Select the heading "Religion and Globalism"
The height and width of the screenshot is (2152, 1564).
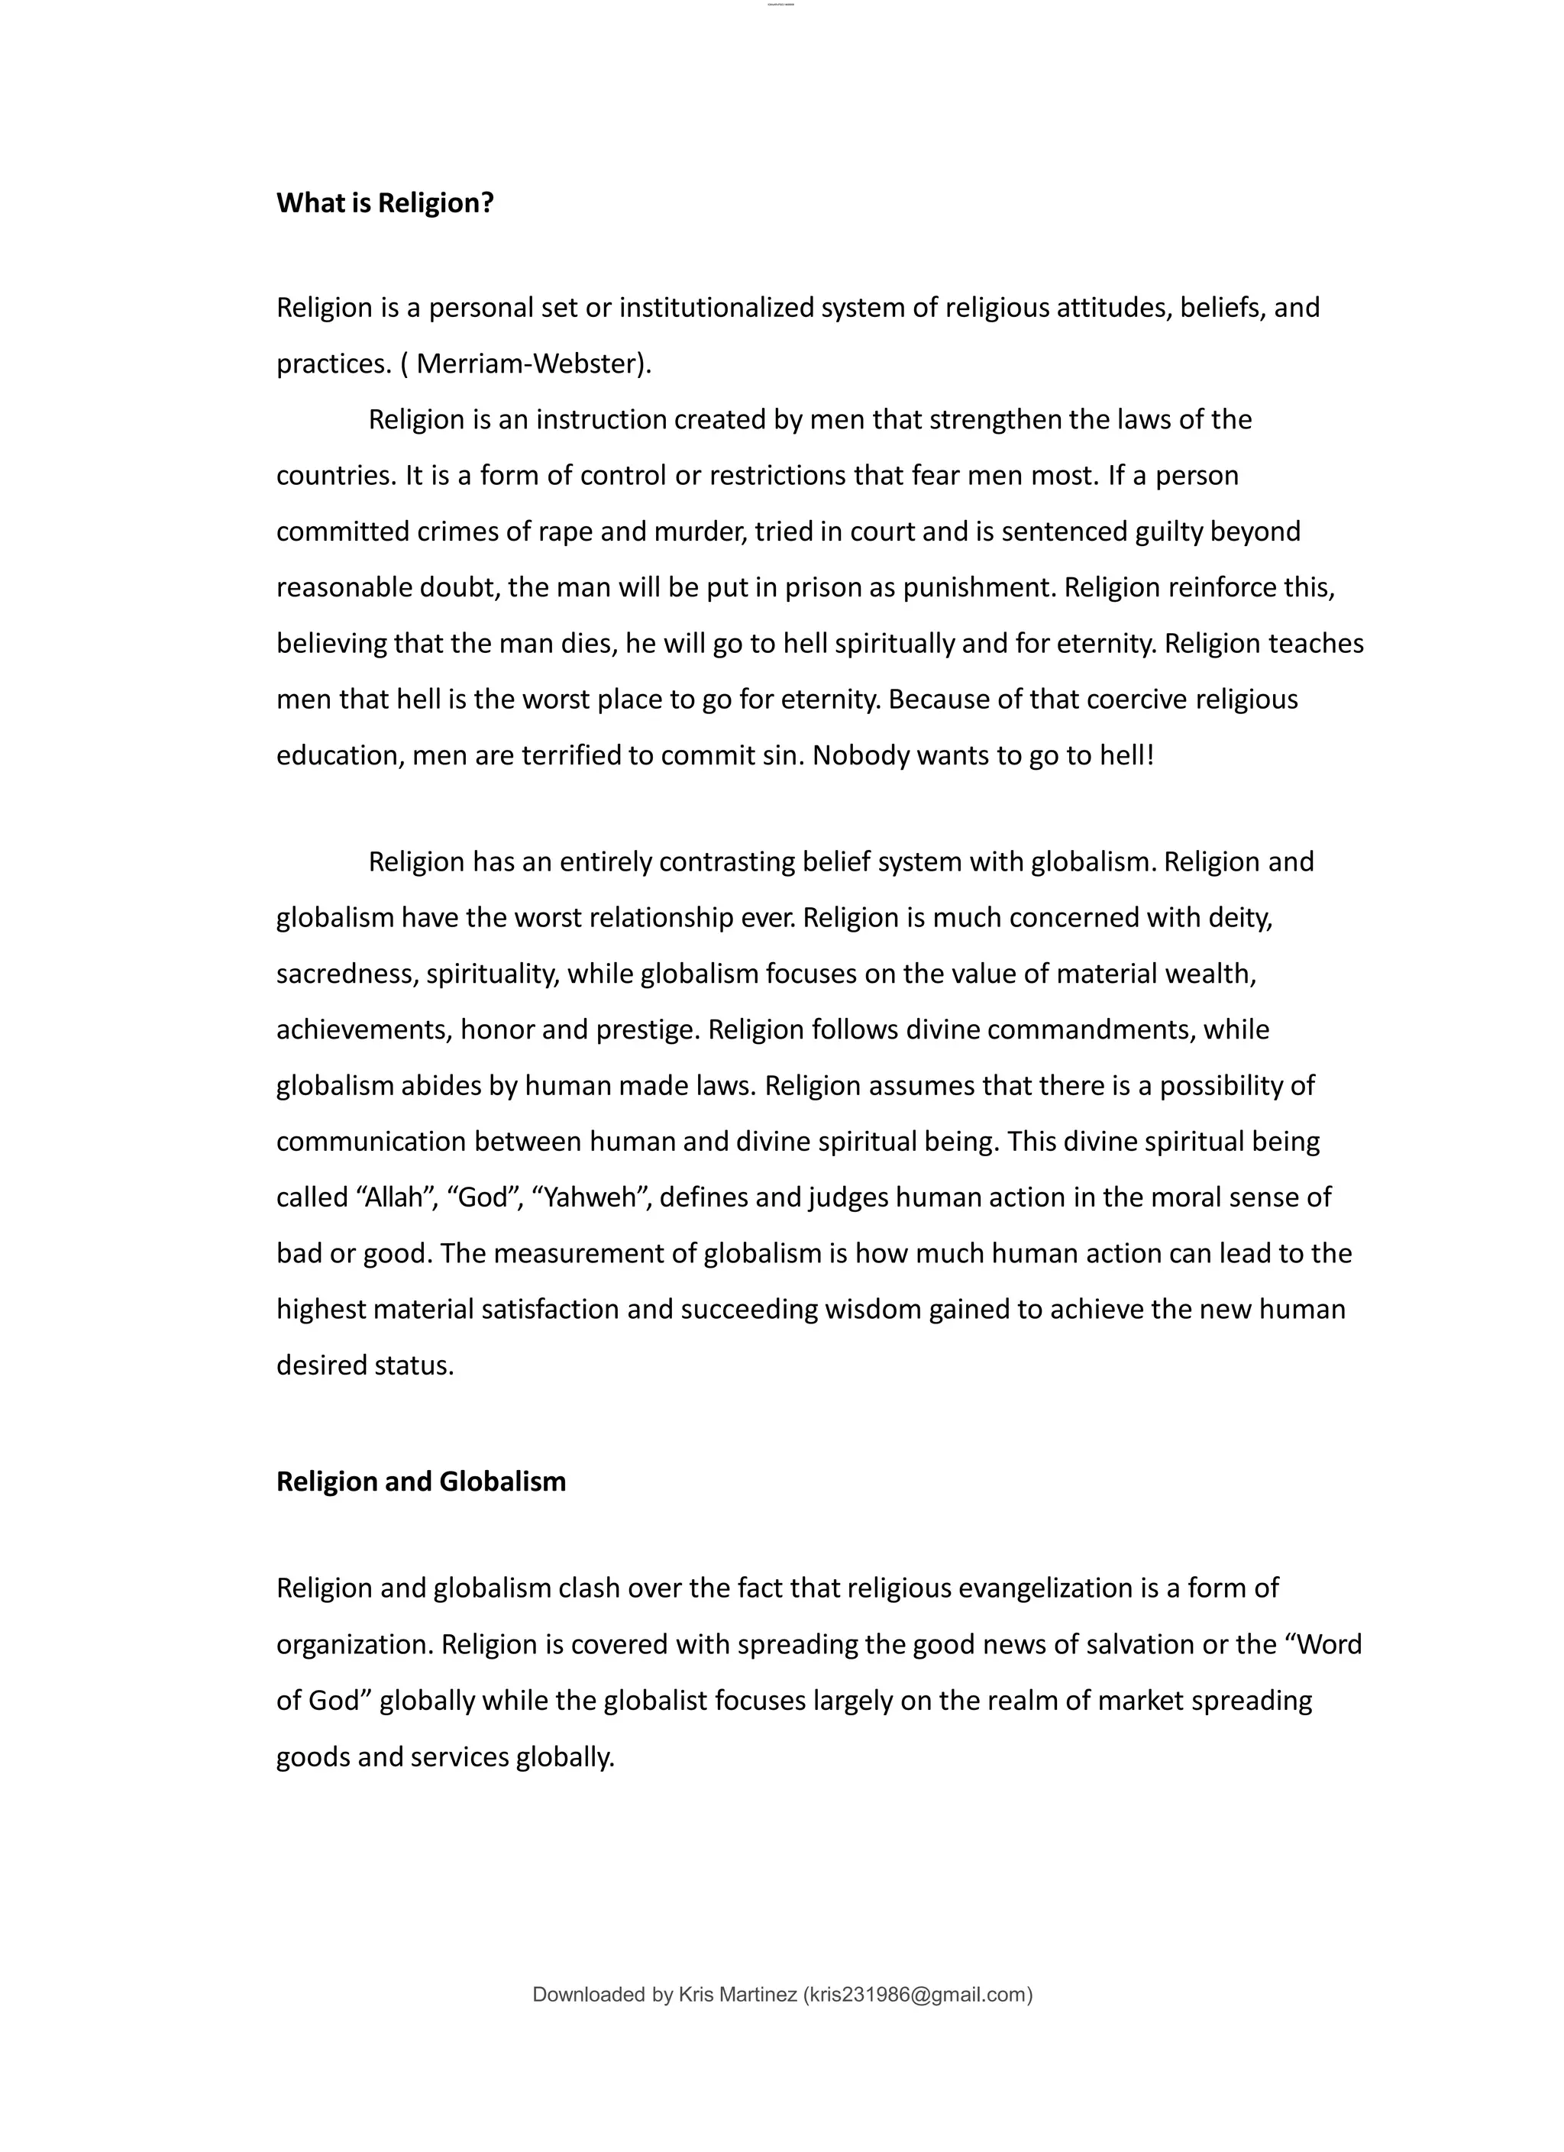[421, 1482]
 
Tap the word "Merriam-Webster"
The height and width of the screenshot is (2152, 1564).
[525, 364]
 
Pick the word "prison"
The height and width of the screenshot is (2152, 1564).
[822, 587]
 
